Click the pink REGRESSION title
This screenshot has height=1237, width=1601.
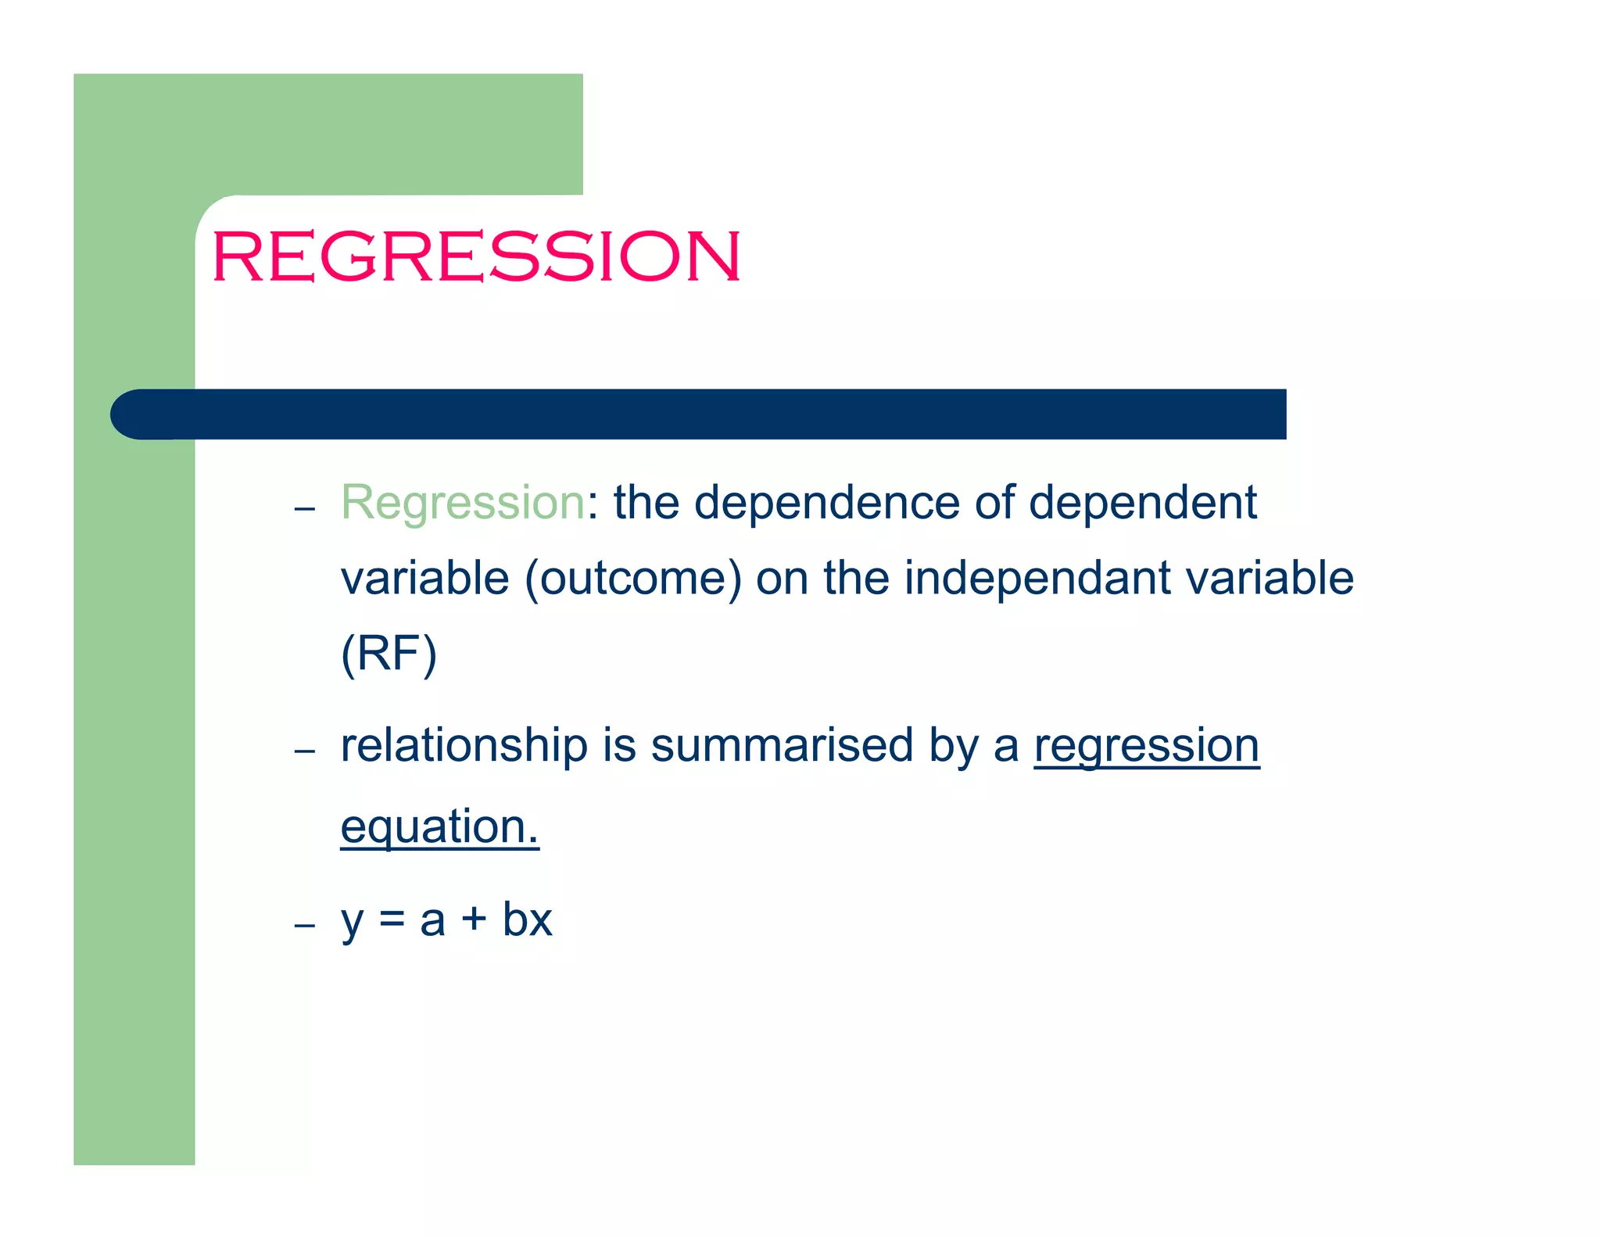coord(475,256)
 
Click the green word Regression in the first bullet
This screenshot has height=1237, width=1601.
coord(463,502)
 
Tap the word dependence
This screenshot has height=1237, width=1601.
coord(826,502)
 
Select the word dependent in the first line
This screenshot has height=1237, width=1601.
coord(1142,502)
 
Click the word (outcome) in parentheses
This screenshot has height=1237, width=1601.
coord(632,579)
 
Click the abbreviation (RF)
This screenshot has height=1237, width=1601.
coord(389,654)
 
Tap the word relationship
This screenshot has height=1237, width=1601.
coord(464,745)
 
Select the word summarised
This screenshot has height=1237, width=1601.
coord(782,745)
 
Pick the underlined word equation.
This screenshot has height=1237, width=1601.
coord(439,827)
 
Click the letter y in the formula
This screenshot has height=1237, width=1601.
coord(353,921)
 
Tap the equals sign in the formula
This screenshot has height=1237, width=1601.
coord(392,920)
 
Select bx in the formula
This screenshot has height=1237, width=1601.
coord(527,920)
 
